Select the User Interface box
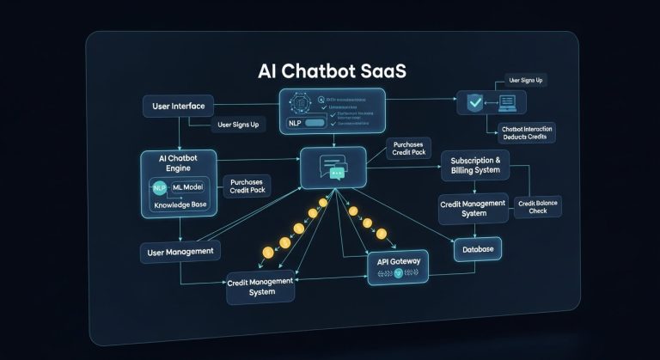pos(177,107)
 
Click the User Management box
pos(180,251)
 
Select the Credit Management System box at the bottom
pos(262,286)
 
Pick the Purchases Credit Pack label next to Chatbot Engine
pos(247,186)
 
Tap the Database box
pos(477,248)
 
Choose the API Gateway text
pos(396,260)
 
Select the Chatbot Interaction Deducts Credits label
pos(527,132)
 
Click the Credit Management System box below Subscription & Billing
pos(470,207)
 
